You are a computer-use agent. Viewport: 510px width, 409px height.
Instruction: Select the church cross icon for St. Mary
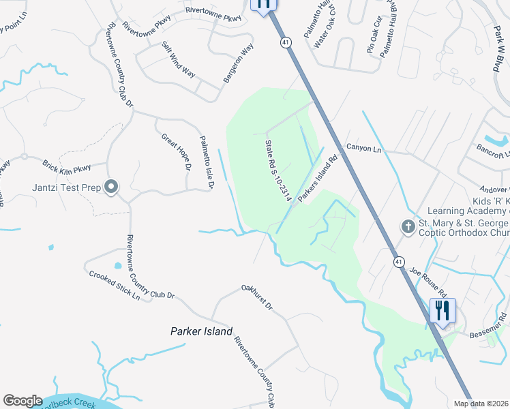tap(408, 226)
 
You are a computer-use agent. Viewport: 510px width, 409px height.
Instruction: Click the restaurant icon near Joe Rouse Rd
tap(443, 311)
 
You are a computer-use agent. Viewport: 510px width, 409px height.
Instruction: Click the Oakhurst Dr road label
tap(256, 297)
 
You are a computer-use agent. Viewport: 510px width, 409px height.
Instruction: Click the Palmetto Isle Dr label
tap(207, 162)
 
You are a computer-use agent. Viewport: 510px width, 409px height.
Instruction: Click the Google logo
tap(22, 401)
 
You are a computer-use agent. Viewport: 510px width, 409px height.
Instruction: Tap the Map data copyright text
tap(487, 404)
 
